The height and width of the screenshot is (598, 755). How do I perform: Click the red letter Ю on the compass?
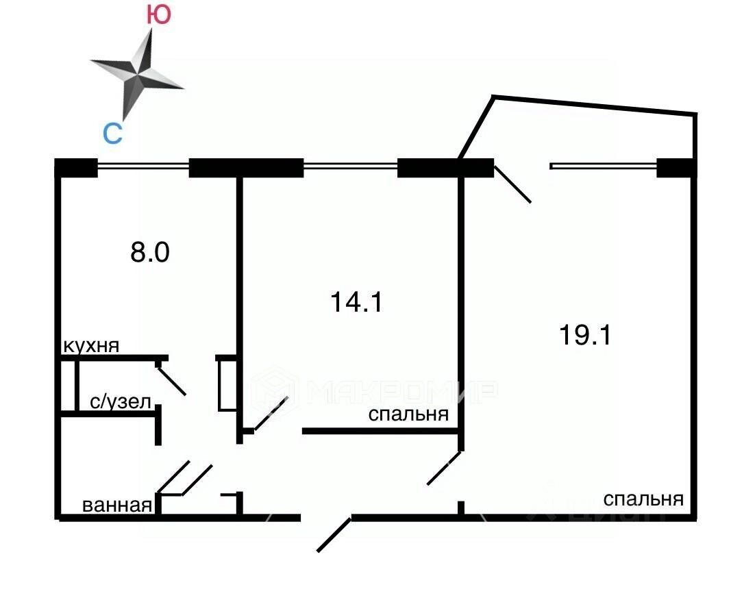(159, 16)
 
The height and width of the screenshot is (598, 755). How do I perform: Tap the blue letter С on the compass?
(112, 133)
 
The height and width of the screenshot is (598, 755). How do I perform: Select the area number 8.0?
(150, 253)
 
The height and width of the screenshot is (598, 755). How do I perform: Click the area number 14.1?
(356, 301)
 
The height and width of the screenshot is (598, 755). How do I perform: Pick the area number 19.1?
(584, 336)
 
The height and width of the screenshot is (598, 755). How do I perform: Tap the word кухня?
(91, 346)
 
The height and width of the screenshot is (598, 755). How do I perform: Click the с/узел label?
(121, 402)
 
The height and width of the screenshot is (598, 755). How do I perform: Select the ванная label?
(116, 506)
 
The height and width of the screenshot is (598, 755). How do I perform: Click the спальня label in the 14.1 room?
(408, 414)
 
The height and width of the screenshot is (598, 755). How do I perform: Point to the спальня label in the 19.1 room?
(643, 499)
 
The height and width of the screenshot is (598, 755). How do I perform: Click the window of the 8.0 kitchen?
(143, 165)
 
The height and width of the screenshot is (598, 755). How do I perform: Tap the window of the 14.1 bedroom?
(350, 165)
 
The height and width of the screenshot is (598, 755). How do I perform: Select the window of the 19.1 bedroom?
(603, 165)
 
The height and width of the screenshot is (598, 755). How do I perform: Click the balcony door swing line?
(512, 185)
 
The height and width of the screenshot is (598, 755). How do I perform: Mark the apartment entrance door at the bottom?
(334, 535)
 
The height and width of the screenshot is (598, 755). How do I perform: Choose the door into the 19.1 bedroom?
(443, 469)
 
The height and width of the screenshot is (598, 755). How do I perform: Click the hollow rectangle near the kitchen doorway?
(227, 385)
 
